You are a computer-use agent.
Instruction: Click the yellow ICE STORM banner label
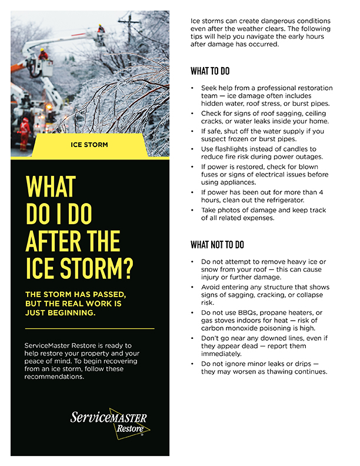[x=91, y=144]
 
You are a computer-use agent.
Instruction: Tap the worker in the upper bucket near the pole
[x=101, y=29]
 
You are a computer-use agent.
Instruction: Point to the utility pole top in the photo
[x=128, y=21]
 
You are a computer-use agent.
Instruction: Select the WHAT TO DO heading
[x=210, y=71]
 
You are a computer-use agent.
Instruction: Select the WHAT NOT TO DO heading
[x=217, y=245]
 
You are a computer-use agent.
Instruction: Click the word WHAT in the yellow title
[x=51, y=188]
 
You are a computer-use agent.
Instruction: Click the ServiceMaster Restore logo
[x=109, y=422]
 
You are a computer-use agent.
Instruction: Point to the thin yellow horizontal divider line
[x=90, y=328]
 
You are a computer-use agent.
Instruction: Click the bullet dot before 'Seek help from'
[x=192, y=88]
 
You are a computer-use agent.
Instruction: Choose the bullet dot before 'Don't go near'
[x=192, y=339]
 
